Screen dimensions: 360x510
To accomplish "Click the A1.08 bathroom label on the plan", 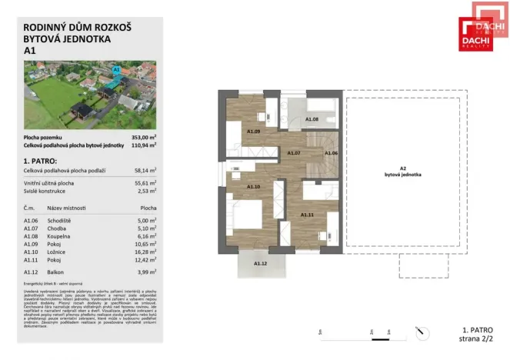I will [x=312, y=120].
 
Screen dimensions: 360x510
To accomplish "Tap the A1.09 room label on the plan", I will [x=253, y=132].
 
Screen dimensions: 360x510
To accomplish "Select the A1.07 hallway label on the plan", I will [x=294, y=153].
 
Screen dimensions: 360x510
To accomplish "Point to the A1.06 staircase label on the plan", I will [x=331, y=153].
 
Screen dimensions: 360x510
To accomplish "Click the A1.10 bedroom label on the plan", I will [x=253, y=187].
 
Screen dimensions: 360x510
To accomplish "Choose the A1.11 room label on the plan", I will [x=306, y=214].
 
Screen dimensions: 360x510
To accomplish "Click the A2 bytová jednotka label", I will [x=402, y=172].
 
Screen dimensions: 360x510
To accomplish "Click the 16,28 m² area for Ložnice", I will [x=145, y=250].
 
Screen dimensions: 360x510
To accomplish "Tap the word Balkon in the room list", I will [x=56, y=272].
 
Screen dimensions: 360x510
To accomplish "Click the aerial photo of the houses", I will [x=90, y=95].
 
